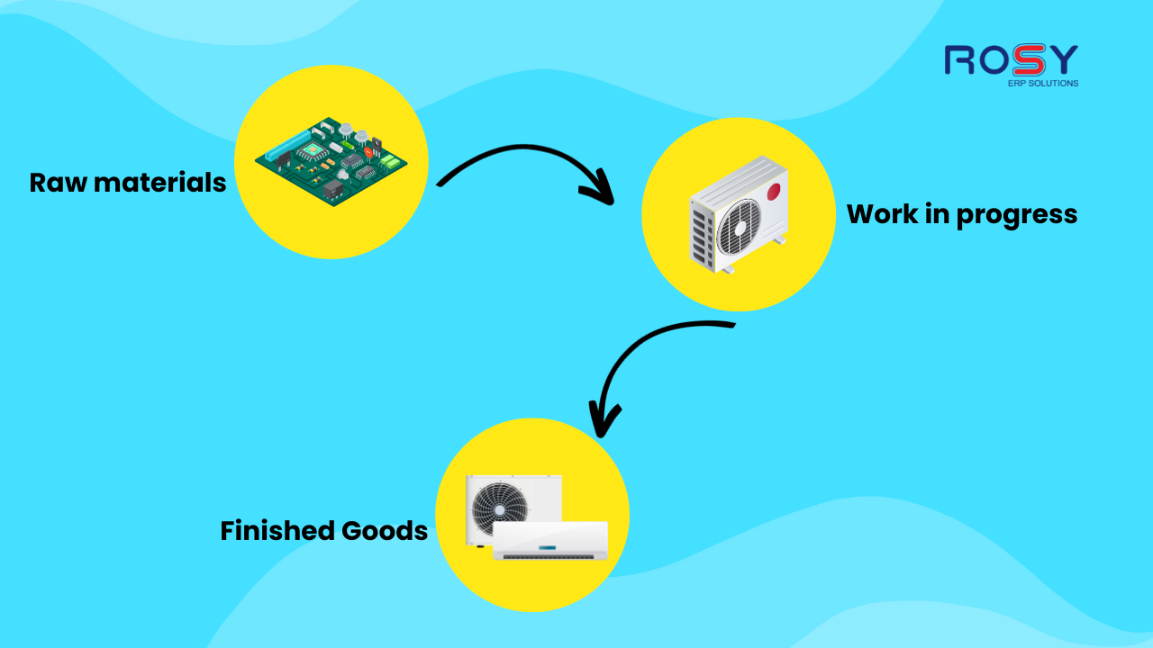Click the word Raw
[x=58, y=183]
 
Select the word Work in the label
[x=882, y=213]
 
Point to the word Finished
[x=277, y=530]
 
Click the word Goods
[x=385, y=531]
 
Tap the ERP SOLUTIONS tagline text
[x=1043, y=84]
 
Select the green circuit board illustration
[x=331, y=161]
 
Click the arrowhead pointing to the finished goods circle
[x=604, y=418]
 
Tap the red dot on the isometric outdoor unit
[x=774, y=192]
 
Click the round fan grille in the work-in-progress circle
[x=739, y=228]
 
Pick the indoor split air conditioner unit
[x=550, y=541]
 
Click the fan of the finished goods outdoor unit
[x=500, y=508]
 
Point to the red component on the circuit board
[x=368, y=152]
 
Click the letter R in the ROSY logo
[x=959, y=60]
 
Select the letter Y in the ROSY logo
[x=1062, y=59]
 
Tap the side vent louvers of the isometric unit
[x=700, y=236]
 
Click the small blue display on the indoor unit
[x=547, y=548]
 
